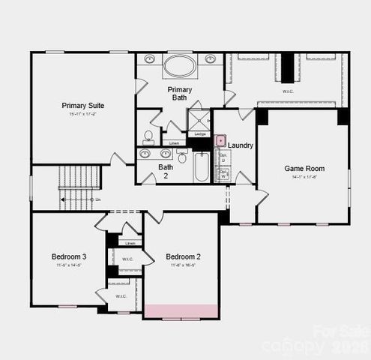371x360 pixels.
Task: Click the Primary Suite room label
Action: click(83, 106)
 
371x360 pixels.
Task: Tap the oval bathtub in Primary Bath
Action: click(180, 66)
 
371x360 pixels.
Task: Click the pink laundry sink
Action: click(221, 140)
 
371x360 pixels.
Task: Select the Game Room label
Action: click(304, 169)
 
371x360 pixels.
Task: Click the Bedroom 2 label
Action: click(183, 256)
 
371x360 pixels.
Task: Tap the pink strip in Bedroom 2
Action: click(181, 310)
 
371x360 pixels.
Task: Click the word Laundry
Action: click(241, 145)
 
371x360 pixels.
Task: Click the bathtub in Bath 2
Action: click(202, 166)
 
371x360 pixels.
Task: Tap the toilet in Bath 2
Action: click(182, 157)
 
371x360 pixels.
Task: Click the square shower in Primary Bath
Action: click(199, 120)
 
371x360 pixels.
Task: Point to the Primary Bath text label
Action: click(179, 93)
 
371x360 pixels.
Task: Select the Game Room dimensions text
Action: click(304, 177)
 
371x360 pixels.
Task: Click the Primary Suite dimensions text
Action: click(83, 115)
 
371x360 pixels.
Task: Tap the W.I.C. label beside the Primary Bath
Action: click(289, 91)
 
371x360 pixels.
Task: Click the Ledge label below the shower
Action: click(200, 134)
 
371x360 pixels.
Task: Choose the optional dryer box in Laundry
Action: click(223, 159)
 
